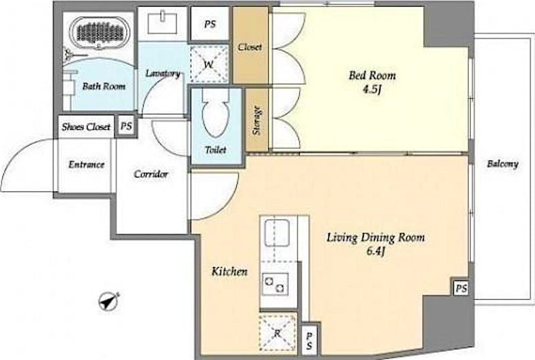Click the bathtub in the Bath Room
[x=100, y=32]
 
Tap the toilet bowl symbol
[x=216, y=112]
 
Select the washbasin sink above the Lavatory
[x=163, y=23]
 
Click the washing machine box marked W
[x=209, y=64]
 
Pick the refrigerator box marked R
[x=278, y=333]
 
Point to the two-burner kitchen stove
[x=275, y=284]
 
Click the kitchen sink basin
[x=278, y=233]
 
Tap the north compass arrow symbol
[x=109, y=302]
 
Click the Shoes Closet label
[x=86, y=127]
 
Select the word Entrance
[x=86, y=165]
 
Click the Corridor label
[x=151, y=174]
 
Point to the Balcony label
[x=503, y=164]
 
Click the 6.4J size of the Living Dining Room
[x=376, y=252]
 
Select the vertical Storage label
[x=257, y=120]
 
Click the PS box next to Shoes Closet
[x=126, y=126]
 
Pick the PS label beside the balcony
[x=461, y=288]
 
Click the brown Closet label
[x=250, y=47]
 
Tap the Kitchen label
[x=229, y=272]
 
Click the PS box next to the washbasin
[x=210, y=24]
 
